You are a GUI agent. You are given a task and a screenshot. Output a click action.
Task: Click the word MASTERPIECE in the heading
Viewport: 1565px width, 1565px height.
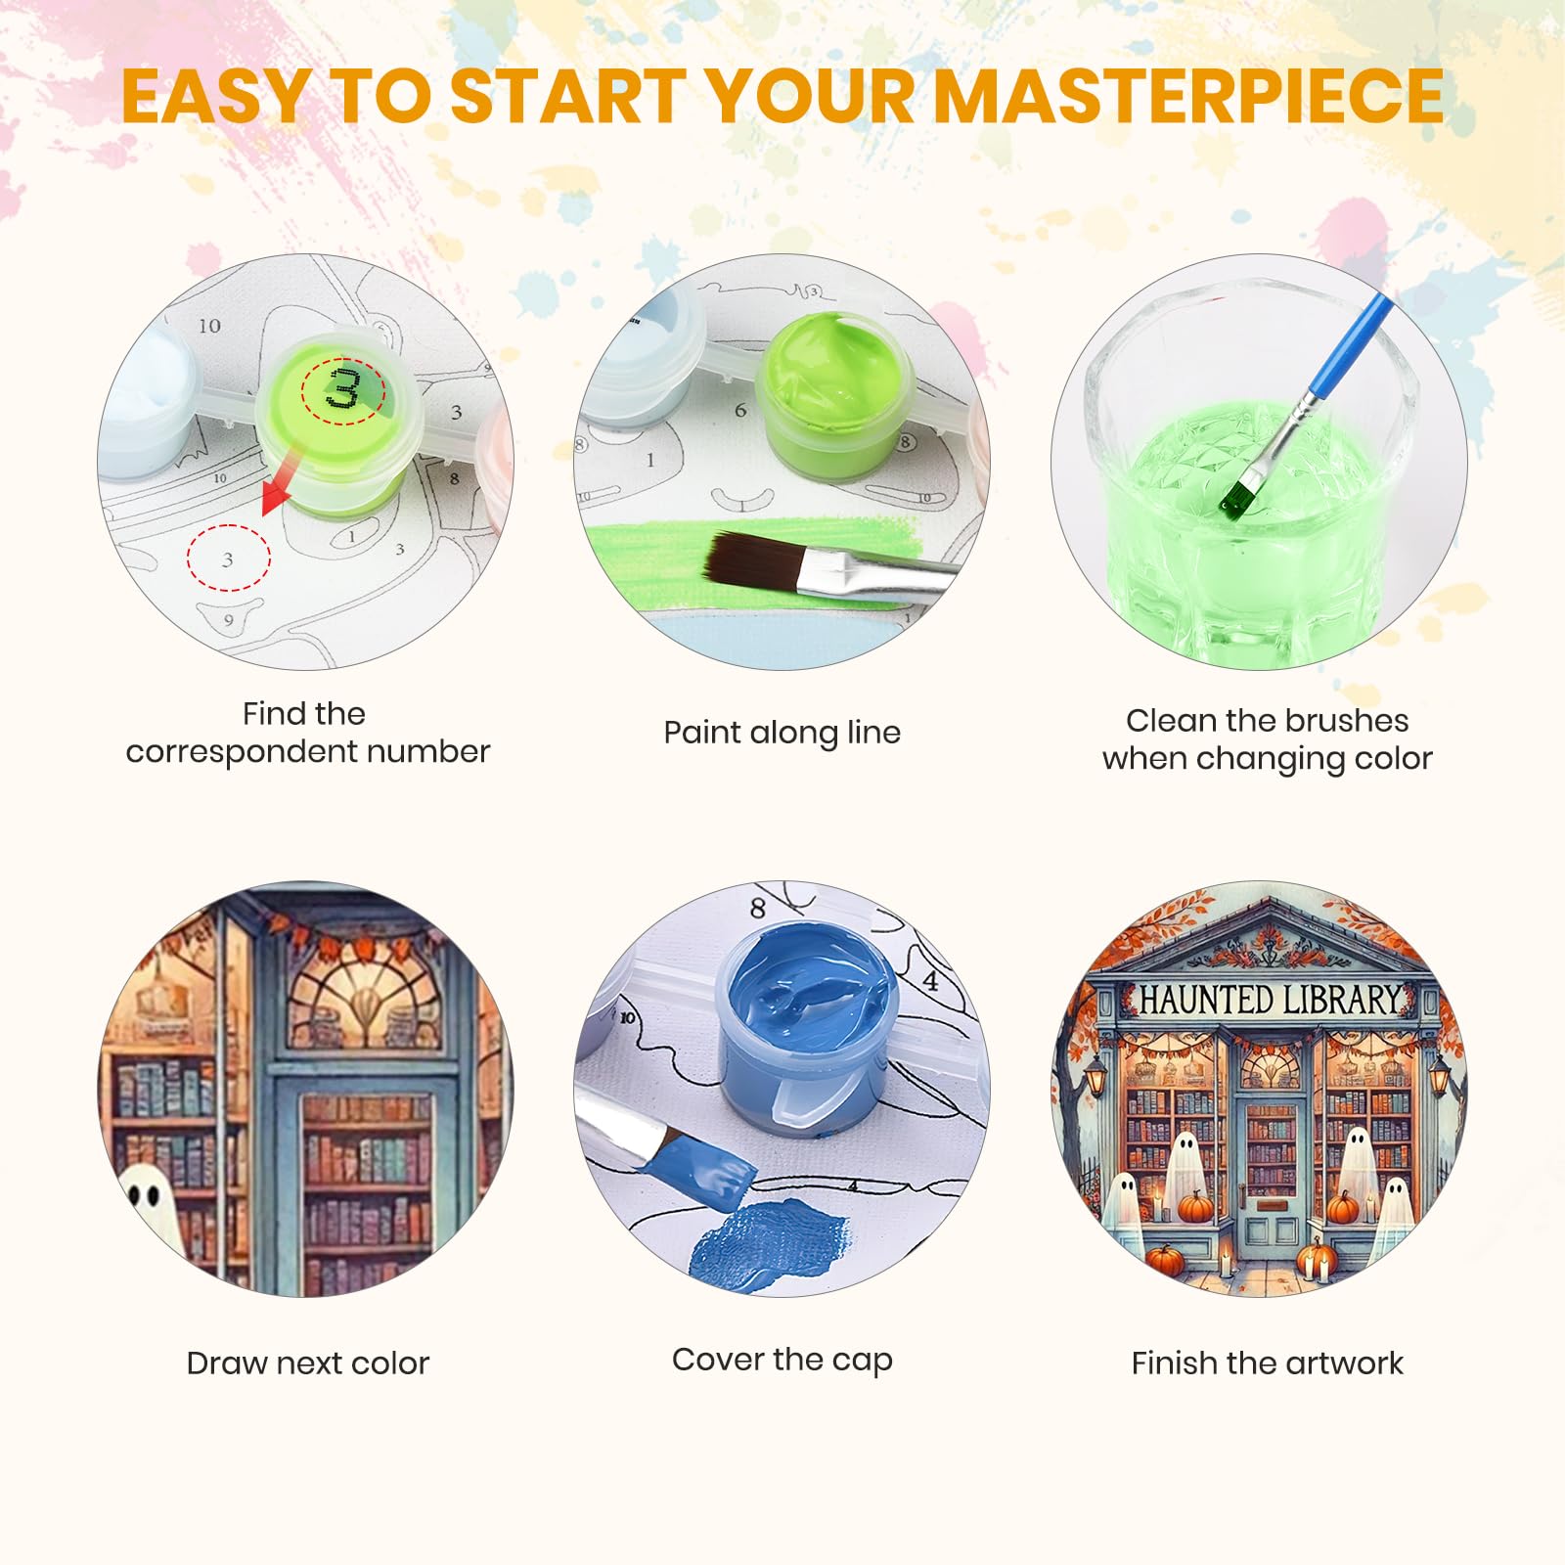[x=1189, y=96]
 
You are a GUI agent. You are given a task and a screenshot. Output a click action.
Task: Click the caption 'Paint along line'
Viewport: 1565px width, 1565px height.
[x=782, y=733]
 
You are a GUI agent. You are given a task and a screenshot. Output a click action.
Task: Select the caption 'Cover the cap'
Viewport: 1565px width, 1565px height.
[x=782, y=1360]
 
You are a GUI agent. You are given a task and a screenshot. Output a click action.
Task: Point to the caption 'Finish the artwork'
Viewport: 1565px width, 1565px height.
[x=1267, y=1363]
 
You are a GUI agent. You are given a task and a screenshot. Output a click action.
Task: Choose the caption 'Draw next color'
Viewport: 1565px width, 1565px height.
[x=307, y=1363]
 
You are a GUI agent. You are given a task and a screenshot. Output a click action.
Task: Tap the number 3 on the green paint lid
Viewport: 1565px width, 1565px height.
[x=342, y=388]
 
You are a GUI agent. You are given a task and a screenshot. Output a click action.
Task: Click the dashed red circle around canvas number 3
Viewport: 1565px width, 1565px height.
[x=229, y=559]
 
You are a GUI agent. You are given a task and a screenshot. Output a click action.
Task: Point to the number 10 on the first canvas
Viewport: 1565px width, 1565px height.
[x=209, y=326]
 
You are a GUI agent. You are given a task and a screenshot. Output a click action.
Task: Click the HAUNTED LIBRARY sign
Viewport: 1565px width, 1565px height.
[x=1269, y=1001]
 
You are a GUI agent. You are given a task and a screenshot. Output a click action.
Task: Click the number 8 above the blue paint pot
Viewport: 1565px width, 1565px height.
[x=757, y=909]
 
